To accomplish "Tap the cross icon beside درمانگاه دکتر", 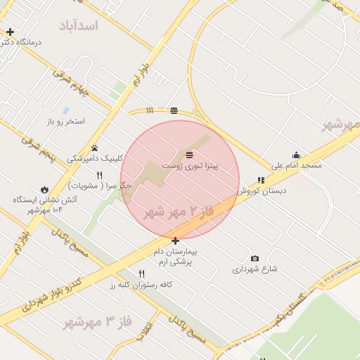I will [x=10, y=32].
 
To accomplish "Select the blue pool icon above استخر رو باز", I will [x=65, y=111].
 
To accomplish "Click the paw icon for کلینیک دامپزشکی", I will [x=94, y=148].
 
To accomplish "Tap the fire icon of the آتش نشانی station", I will [x=45, y=190].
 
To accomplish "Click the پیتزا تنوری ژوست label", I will [x=190, y=165].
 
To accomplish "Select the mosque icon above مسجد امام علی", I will [x=296, y=155].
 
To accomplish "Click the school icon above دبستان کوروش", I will [x=261, y=181].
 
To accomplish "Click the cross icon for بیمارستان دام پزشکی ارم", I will [x=175, y=240].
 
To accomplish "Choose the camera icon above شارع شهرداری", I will [x=255, y=259].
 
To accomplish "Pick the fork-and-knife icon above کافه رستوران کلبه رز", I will [x=141, y=274].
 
